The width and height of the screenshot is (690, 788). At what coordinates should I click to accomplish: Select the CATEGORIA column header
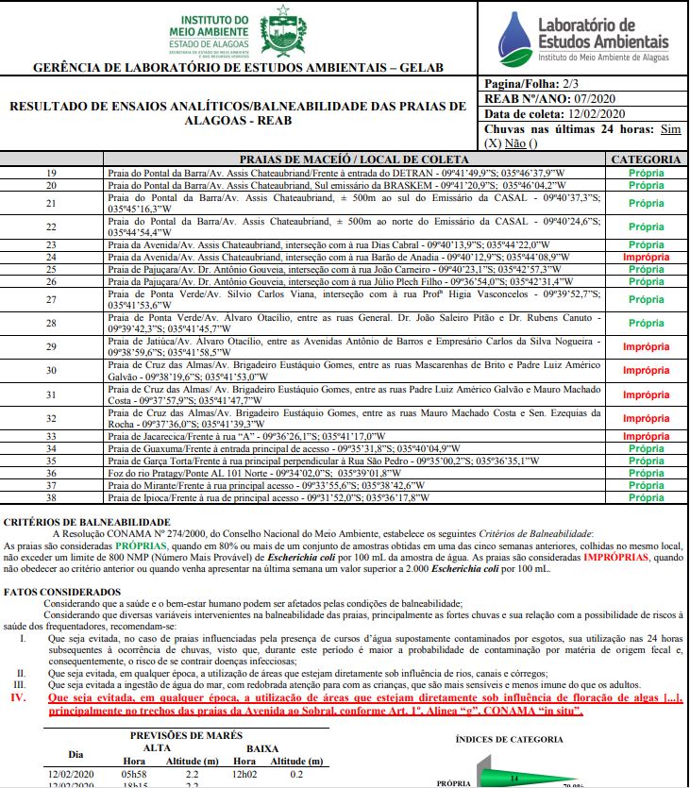646,159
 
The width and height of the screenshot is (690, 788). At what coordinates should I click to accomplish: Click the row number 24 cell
52,257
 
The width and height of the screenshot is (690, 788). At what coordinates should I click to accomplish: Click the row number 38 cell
52,497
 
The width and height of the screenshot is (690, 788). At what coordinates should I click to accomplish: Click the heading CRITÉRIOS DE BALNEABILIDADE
87,522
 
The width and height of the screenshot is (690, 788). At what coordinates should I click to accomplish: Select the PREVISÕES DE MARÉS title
187,735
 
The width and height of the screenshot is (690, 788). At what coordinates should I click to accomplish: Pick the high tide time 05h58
136,773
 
